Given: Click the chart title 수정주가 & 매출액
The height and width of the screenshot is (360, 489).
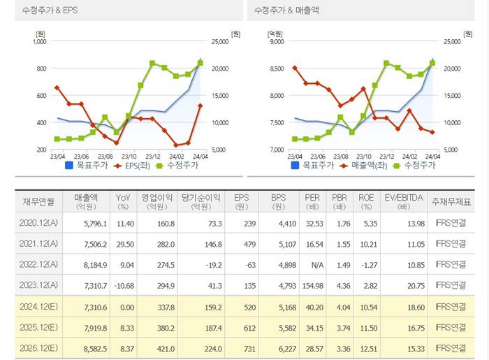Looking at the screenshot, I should [284, 10].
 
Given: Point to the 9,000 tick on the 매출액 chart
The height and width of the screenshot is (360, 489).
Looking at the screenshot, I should [275, 41].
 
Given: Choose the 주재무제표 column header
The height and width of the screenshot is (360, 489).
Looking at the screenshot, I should [451, 202].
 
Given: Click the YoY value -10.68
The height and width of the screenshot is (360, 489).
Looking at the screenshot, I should [122, 285].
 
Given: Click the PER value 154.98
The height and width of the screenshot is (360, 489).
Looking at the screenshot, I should [312, 285].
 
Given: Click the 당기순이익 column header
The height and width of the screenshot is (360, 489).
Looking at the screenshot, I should [200, 202].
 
